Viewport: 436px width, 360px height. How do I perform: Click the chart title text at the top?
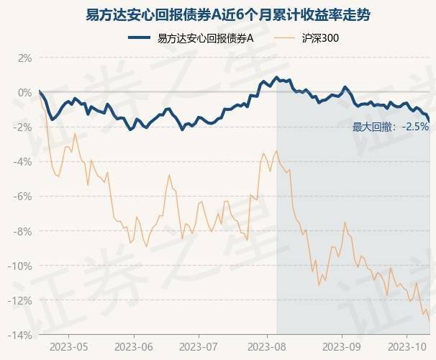(218, 14)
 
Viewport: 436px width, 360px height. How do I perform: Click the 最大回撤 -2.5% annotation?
(390, 127)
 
